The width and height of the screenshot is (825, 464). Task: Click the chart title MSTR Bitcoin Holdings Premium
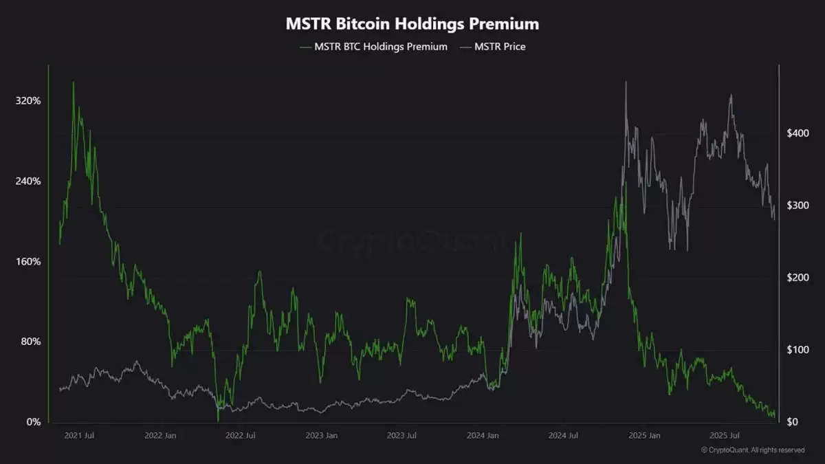412,24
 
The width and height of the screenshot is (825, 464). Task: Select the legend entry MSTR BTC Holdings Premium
375,47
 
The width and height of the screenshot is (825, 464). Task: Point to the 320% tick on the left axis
28,101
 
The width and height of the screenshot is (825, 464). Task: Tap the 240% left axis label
28,181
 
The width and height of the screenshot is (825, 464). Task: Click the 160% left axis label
28,262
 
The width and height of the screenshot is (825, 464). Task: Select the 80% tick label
30,342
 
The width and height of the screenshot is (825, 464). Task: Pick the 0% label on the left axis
33,422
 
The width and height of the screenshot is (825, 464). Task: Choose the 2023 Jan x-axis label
321,436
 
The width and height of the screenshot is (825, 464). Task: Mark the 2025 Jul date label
724,436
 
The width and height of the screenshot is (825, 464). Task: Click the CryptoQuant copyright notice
752,450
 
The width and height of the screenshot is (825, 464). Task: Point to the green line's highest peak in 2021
74,82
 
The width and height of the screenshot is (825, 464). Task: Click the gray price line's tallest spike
626,82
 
